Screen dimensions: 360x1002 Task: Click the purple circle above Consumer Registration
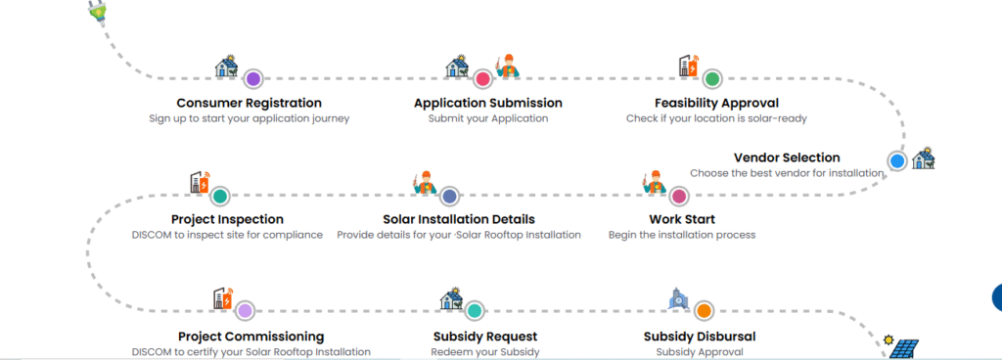pos(252,78)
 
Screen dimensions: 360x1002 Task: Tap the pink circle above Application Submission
pos(482,78)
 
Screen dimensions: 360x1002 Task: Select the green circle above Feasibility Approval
pos(712,78)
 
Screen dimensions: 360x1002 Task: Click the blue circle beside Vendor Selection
pos(896,160)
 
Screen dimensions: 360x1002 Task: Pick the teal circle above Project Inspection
pos(220,196)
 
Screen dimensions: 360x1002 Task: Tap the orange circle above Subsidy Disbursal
pos(704,311)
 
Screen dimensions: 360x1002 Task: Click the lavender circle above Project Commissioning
pos(245,311)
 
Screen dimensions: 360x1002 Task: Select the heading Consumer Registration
pos(249,103)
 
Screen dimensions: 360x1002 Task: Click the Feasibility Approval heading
pos(716,103)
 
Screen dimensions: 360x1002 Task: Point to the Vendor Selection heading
pos(787,157)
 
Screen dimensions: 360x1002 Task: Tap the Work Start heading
pos(682,219)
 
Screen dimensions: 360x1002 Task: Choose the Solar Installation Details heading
pos(458,219)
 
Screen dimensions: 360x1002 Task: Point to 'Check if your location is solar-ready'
pos(716,118)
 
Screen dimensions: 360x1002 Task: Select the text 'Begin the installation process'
pos(682,235)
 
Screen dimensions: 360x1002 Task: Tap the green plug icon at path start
pos(97,11)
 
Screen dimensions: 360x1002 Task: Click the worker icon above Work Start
pos(654,184)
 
